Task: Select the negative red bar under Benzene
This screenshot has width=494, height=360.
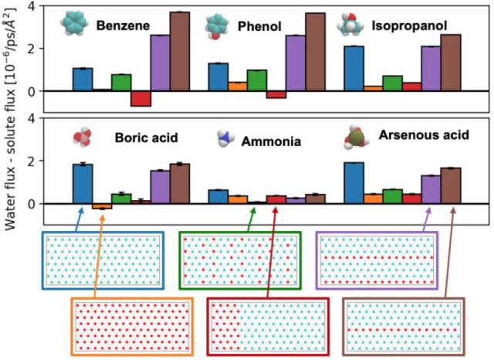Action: tap(140, 98)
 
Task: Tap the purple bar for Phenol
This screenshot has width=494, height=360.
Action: tap(296, 63)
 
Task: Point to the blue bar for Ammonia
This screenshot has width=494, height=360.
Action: tap(218, 196)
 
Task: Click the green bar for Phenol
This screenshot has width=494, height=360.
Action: tap(257, 80)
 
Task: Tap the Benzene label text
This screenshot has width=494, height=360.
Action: tap(123, 25)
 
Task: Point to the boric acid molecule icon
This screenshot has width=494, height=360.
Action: tap(81, 138)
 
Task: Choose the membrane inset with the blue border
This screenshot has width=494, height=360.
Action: tap(103, 260)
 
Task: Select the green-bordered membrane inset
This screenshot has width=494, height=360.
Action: tap(240, 260)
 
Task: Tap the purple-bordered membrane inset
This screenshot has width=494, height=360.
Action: tap(377, 260)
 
